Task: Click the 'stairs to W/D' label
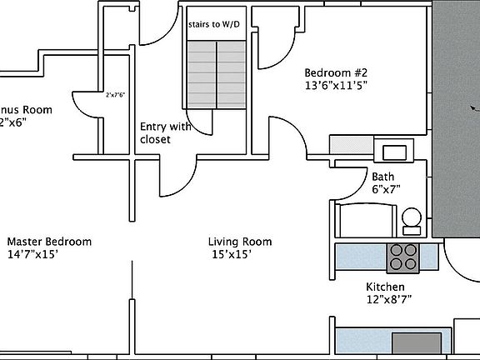216,25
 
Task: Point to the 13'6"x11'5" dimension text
336,84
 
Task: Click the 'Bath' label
382,177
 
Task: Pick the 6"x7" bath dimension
386,189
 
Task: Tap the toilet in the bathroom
411,220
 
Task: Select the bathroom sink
393,152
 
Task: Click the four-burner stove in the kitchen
403,257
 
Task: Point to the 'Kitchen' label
385,287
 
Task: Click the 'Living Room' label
240,242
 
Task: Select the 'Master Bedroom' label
49,242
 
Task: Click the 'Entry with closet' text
165,132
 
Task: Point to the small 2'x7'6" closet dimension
115,95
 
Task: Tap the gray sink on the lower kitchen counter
416,342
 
